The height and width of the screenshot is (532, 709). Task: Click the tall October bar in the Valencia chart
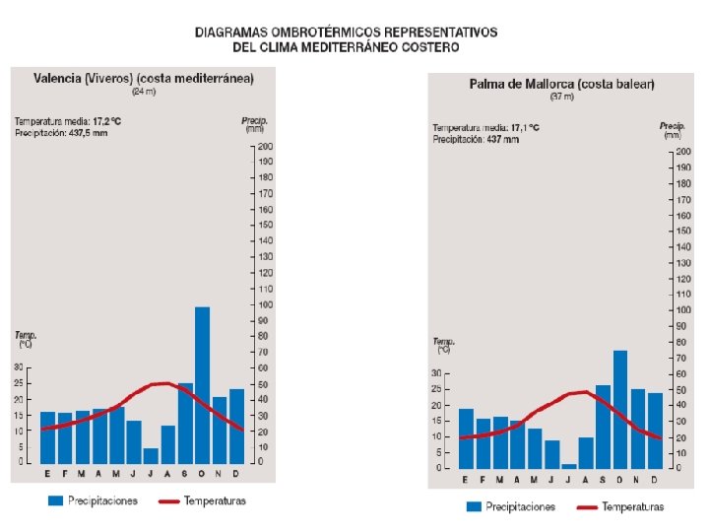click(x=202, y=384)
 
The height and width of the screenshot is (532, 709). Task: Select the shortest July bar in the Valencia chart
click(x=150, y=455)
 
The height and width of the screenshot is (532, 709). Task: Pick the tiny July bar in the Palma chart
click(x=568, y=465)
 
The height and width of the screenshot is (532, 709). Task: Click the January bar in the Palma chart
click(x=466, y=437)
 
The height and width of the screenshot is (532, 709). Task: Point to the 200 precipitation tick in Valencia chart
click(x=265, y=146)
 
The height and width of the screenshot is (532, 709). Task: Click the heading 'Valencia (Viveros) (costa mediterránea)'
click(x=144, y=78)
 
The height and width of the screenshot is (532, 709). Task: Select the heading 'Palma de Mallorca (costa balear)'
click(x=561, y=85)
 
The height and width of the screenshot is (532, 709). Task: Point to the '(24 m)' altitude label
click(x=144, y=92)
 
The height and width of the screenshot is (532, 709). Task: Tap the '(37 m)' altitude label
click(x=561, y=98)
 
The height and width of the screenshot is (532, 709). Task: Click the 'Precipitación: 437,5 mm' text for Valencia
click(x=61, y=133)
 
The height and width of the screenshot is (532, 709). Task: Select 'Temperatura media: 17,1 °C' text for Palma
click(x=485, y=127)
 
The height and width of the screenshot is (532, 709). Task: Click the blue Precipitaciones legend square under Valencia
click(x=57, y=500)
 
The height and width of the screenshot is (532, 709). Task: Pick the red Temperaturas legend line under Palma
click(x=586, y=507)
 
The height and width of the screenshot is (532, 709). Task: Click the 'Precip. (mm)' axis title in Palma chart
click(x=672, y=130)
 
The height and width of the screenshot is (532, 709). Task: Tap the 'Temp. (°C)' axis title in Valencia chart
click(x=26, y=340)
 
